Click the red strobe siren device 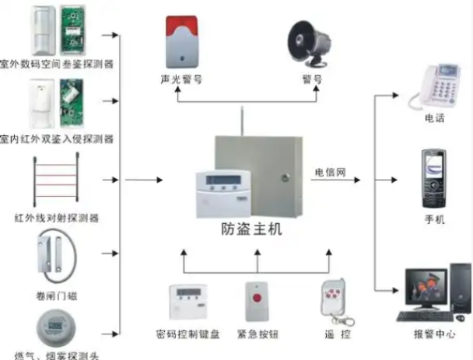pyautogui.click(x=182, y=42)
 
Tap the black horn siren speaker pyautogui.click(x=308, y=44)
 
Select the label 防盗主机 pyautogui.click(x=251, y=229)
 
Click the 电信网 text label pyautogui.click(x=331, y=173)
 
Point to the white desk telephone pyautogui.click(x=434, y=87)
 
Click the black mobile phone pyautogui.click(x=434, y=179)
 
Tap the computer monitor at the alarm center pyautogui.click(x=426, y=288)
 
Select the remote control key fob pyautogui.click(x=335, y=302)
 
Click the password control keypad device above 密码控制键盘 pyautogui.click(x=188, y=302)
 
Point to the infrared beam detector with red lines pyautogui.click(x=56, y=180)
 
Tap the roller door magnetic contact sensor pyautogui.click(x=57, y=256)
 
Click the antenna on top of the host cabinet pyautogui.click(x=242, y=121)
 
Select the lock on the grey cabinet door pyautogui.click(x=285, y=177)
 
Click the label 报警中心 pyautogui.click(x=434, y=334)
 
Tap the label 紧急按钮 pyautogui.click(x=258, y=334)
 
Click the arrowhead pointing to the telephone pyautogui.click(x=395, y=96)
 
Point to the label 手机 pyautogui.click(x=435, y=219)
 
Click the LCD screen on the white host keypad pyautogui.click(x=223, y=180)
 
